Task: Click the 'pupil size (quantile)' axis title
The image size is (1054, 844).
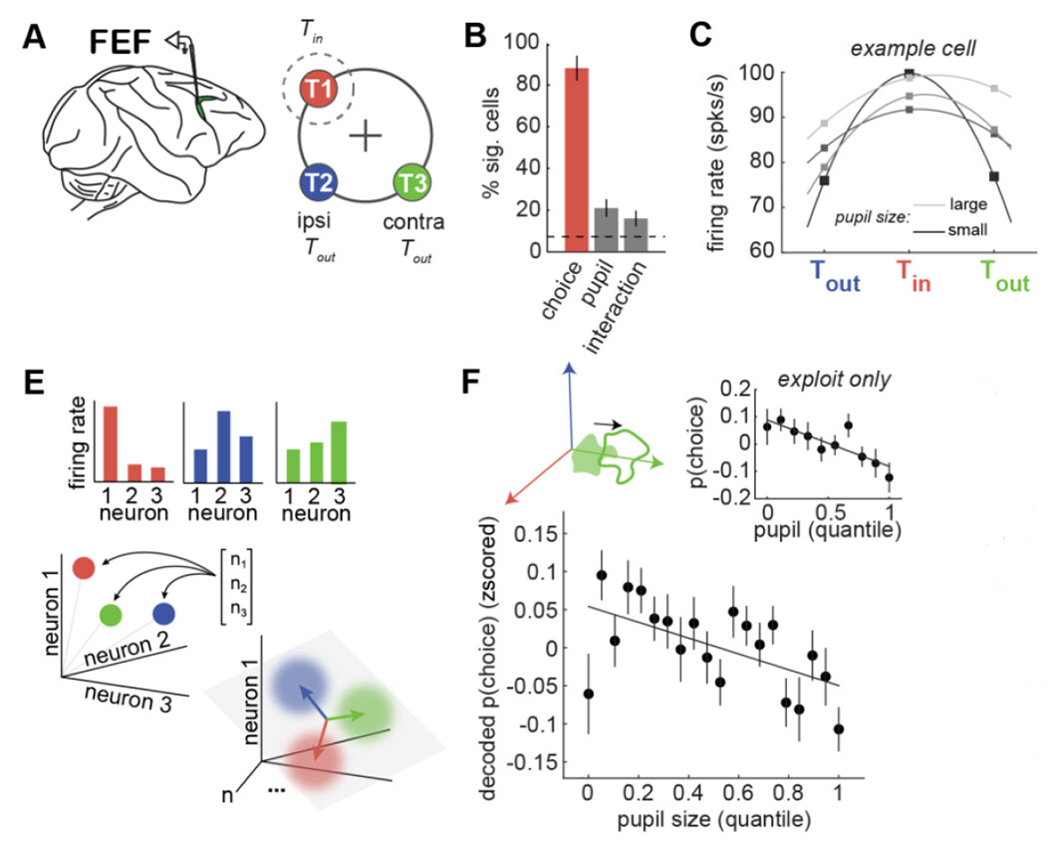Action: point(713,823)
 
